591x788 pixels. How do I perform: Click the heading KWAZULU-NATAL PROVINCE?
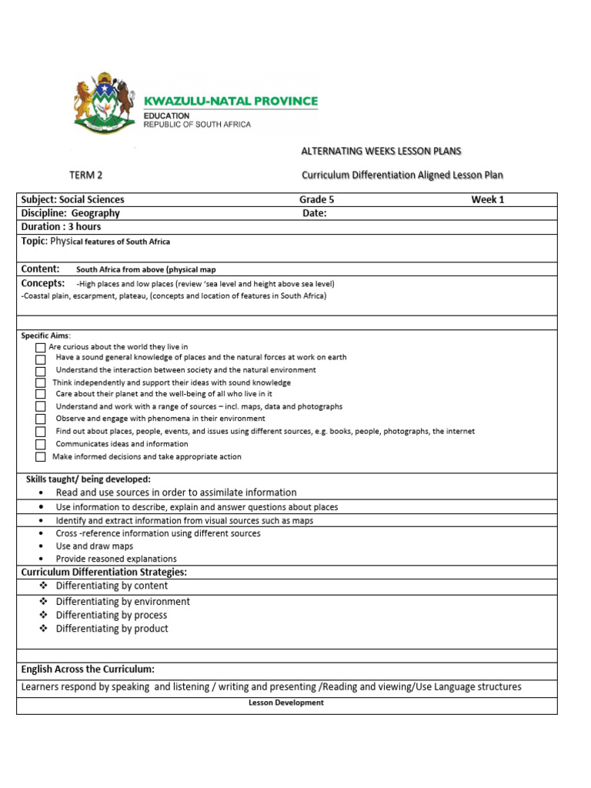[x=231, y=101]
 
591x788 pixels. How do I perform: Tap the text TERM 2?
[x=85, y=175]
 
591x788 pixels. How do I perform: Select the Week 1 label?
[x=488, y=199]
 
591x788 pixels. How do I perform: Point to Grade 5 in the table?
[x=317, y=199]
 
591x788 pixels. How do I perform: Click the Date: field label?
[x=315, y=213]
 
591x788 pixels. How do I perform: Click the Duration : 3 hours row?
[x=61, y=227]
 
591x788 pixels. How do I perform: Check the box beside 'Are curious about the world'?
[x=40, y=348]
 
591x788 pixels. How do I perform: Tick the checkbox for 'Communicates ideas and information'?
[x=40, y=445]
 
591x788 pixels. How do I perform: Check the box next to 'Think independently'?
[x=40, y=383]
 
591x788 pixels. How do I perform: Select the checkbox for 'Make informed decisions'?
[x=40, y=457]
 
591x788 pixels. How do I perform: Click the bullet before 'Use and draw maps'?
[x=41, y=546]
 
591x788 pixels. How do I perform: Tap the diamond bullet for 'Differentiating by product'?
[x=43, y=629]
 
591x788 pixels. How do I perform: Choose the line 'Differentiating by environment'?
[x=122, y=602]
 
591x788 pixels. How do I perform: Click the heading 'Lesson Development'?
[x=286, y=703]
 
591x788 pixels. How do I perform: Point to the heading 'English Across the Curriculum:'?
[x=88, y=669]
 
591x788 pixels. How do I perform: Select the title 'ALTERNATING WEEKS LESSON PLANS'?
[x=381, y=151]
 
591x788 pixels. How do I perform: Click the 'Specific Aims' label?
[x=45, y=336]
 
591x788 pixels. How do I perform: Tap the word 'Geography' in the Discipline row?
[x=92, y=213]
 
